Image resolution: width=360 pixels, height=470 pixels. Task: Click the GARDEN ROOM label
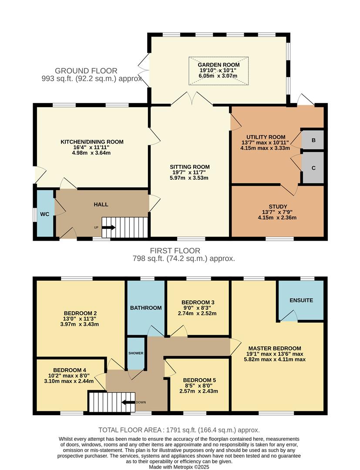coord(219,65)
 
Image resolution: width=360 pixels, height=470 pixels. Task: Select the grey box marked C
coord(313,168)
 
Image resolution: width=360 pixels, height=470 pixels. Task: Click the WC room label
coord(44,214)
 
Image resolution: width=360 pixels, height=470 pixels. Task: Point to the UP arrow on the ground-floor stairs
coord(108,227)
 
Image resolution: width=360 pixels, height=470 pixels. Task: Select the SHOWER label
coord(135,353)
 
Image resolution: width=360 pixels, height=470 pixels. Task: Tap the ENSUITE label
coord(301,300)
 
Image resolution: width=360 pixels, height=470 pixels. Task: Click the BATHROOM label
coord(146,308)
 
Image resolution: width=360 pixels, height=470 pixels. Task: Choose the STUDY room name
coord(277,207)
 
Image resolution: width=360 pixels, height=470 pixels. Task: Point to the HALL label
coord(101,204)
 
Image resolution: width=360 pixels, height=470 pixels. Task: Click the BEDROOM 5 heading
coord(199,380)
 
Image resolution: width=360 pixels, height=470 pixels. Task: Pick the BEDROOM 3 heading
coord(198,302)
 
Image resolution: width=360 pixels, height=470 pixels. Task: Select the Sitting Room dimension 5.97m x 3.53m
coord(190,178)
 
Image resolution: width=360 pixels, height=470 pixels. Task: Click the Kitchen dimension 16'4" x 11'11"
coord(92,147)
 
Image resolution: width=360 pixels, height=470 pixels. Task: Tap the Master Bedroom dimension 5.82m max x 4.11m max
coord(275,359)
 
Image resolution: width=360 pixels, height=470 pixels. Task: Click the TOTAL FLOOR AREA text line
coord(179,430)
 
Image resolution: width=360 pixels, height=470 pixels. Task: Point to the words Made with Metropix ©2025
coord(179,467)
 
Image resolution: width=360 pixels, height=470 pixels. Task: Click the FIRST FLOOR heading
coord(175,251)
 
